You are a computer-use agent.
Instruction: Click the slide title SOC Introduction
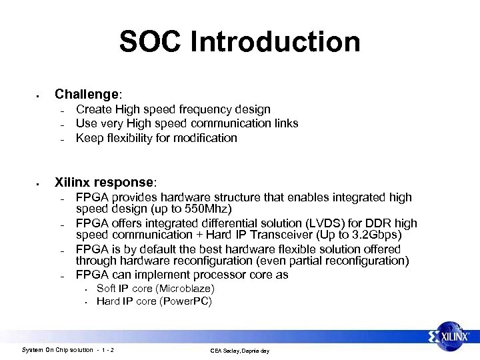[x=239, y=41]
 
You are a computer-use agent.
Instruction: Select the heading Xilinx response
[x=105, y=182]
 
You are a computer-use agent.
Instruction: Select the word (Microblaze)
[x=183, y=289]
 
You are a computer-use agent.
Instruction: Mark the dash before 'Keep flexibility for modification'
[x=61, y=139]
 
